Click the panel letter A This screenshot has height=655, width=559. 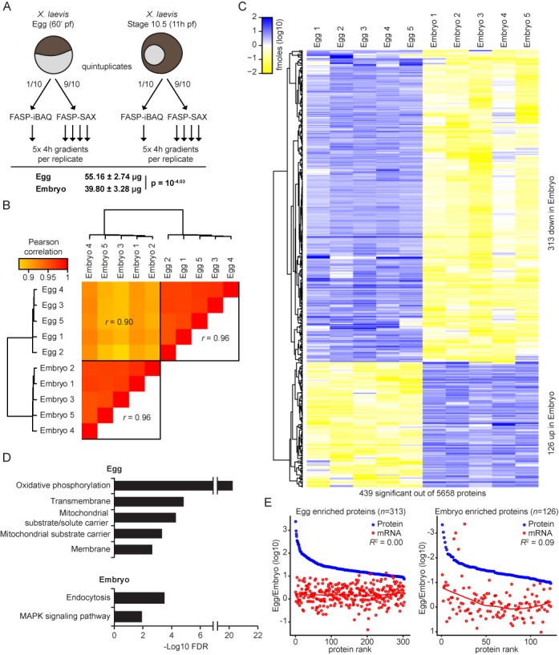(7, 9)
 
